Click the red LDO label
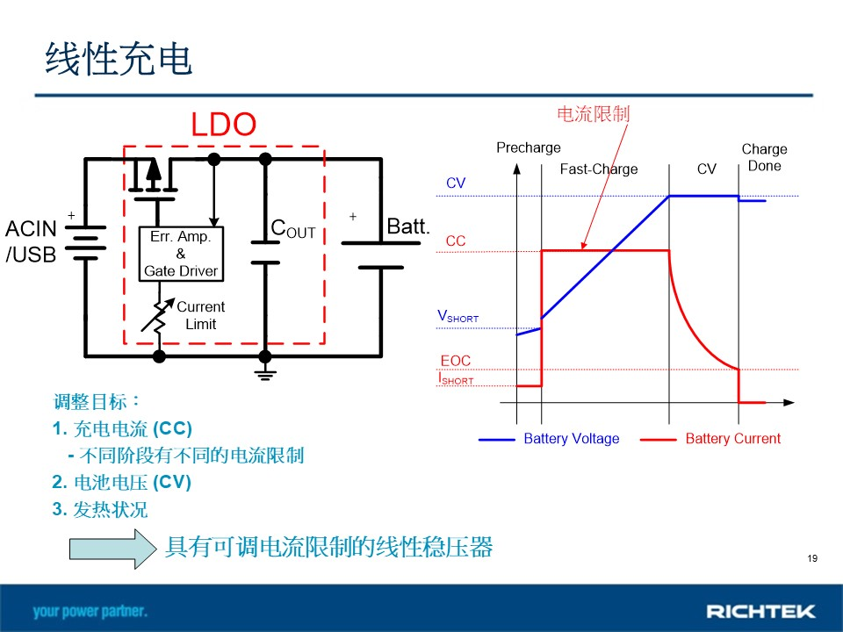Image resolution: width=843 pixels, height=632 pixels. [x=224, y=124]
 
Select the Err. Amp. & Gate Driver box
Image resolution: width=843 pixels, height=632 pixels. [x=181, y=254]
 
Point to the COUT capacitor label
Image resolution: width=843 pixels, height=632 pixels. [x=293, y=228]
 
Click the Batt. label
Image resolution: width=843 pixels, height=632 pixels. [x=408, y=226]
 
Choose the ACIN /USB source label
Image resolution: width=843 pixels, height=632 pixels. [x=31, y=241]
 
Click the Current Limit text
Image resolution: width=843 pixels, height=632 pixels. [x=200, y=315]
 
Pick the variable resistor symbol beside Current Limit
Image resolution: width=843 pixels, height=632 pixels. [x=158, y=316]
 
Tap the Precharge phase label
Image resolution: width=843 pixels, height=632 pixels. [x=529, y=147]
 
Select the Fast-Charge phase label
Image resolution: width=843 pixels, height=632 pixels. [x=599, y=169]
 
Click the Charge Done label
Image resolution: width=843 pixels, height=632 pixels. [x=764, y=157]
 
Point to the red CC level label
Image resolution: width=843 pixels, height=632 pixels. [x=456, y=241]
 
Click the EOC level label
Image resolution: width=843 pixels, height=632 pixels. [x=456, y=361]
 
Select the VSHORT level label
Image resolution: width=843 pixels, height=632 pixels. [x=458, y=316]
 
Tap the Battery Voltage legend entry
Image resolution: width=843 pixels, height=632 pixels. [x=549, y=439]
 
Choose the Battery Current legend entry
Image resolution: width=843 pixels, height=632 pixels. [x=710, y=439]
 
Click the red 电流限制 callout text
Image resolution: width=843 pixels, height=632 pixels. [x=593, y=114]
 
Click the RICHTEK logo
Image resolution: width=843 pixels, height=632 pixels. [x=760, y=611]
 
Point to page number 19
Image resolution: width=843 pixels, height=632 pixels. [x=812, y=558]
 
